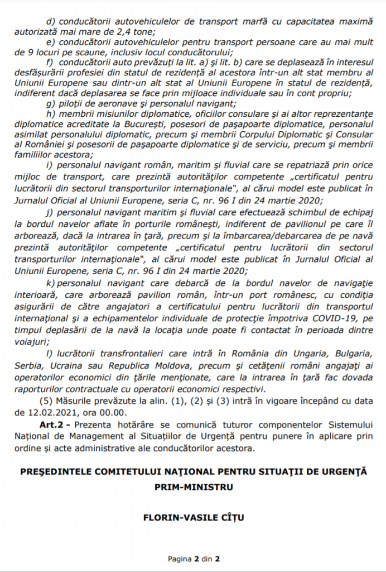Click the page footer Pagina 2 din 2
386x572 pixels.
(x=194, y=559)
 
